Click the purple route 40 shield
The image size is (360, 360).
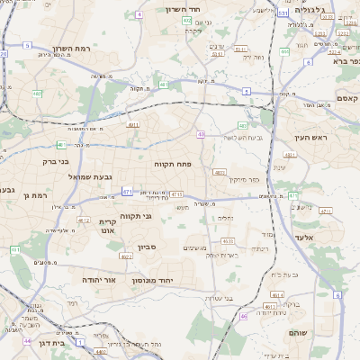click(x=202, y=133)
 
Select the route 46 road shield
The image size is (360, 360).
click(x=243, y=316)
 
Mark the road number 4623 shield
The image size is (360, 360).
click(x=228, y=241)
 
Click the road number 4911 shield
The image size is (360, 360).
click(x=133, y=125)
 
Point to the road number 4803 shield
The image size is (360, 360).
click(x=220, y=172)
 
